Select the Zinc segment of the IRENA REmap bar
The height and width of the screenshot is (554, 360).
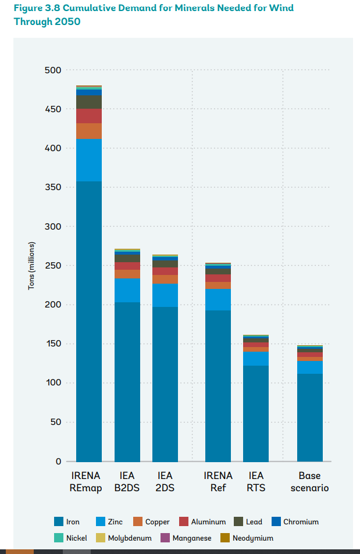pyautogui.click(x=89, y=160)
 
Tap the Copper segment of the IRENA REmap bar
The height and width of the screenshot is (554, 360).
pyautogui.click(x=89, y=131)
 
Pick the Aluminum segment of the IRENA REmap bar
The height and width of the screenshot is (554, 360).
pyautogui.click(x=89, y=116)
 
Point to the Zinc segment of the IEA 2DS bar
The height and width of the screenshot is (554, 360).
pyautogui.click(x=165, y=295)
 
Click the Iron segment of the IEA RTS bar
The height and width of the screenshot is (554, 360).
pyautogui.click(x=256, y=413)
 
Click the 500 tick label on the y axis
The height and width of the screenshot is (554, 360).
pyautogui.click(x=52, y=70)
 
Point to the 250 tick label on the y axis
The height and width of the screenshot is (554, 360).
pyautogui.click(x=52, y=266)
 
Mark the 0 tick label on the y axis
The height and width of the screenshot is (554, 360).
pyautogui.click(x=58, y=462)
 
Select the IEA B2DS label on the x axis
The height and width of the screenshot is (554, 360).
pyautogui.click(x=127, y=482)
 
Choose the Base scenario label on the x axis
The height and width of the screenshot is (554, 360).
pyautogui.click(x=310, y=482)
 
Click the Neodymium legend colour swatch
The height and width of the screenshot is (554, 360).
pyautogui.click(x=224, y=538)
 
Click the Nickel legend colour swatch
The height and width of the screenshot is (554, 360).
pyautogui.click(x=58, y=538)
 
